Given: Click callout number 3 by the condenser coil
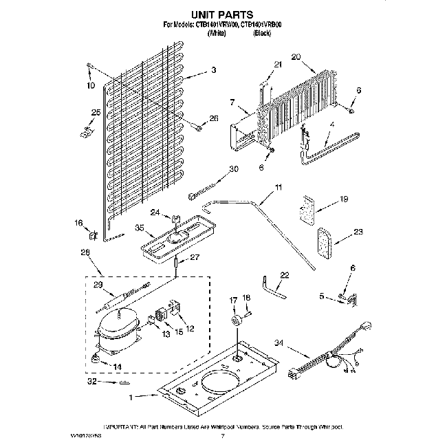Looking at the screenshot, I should coord(214,70).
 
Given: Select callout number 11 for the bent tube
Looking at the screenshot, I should coord(279,187).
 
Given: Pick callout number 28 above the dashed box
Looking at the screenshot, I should coord(86,252).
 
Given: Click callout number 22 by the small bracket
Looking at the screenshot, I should coord(285,275).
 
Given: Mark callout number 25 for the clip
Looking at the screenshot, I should coord(96,112).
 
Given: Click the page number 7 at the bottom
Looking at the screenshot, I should coord(222,435).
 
